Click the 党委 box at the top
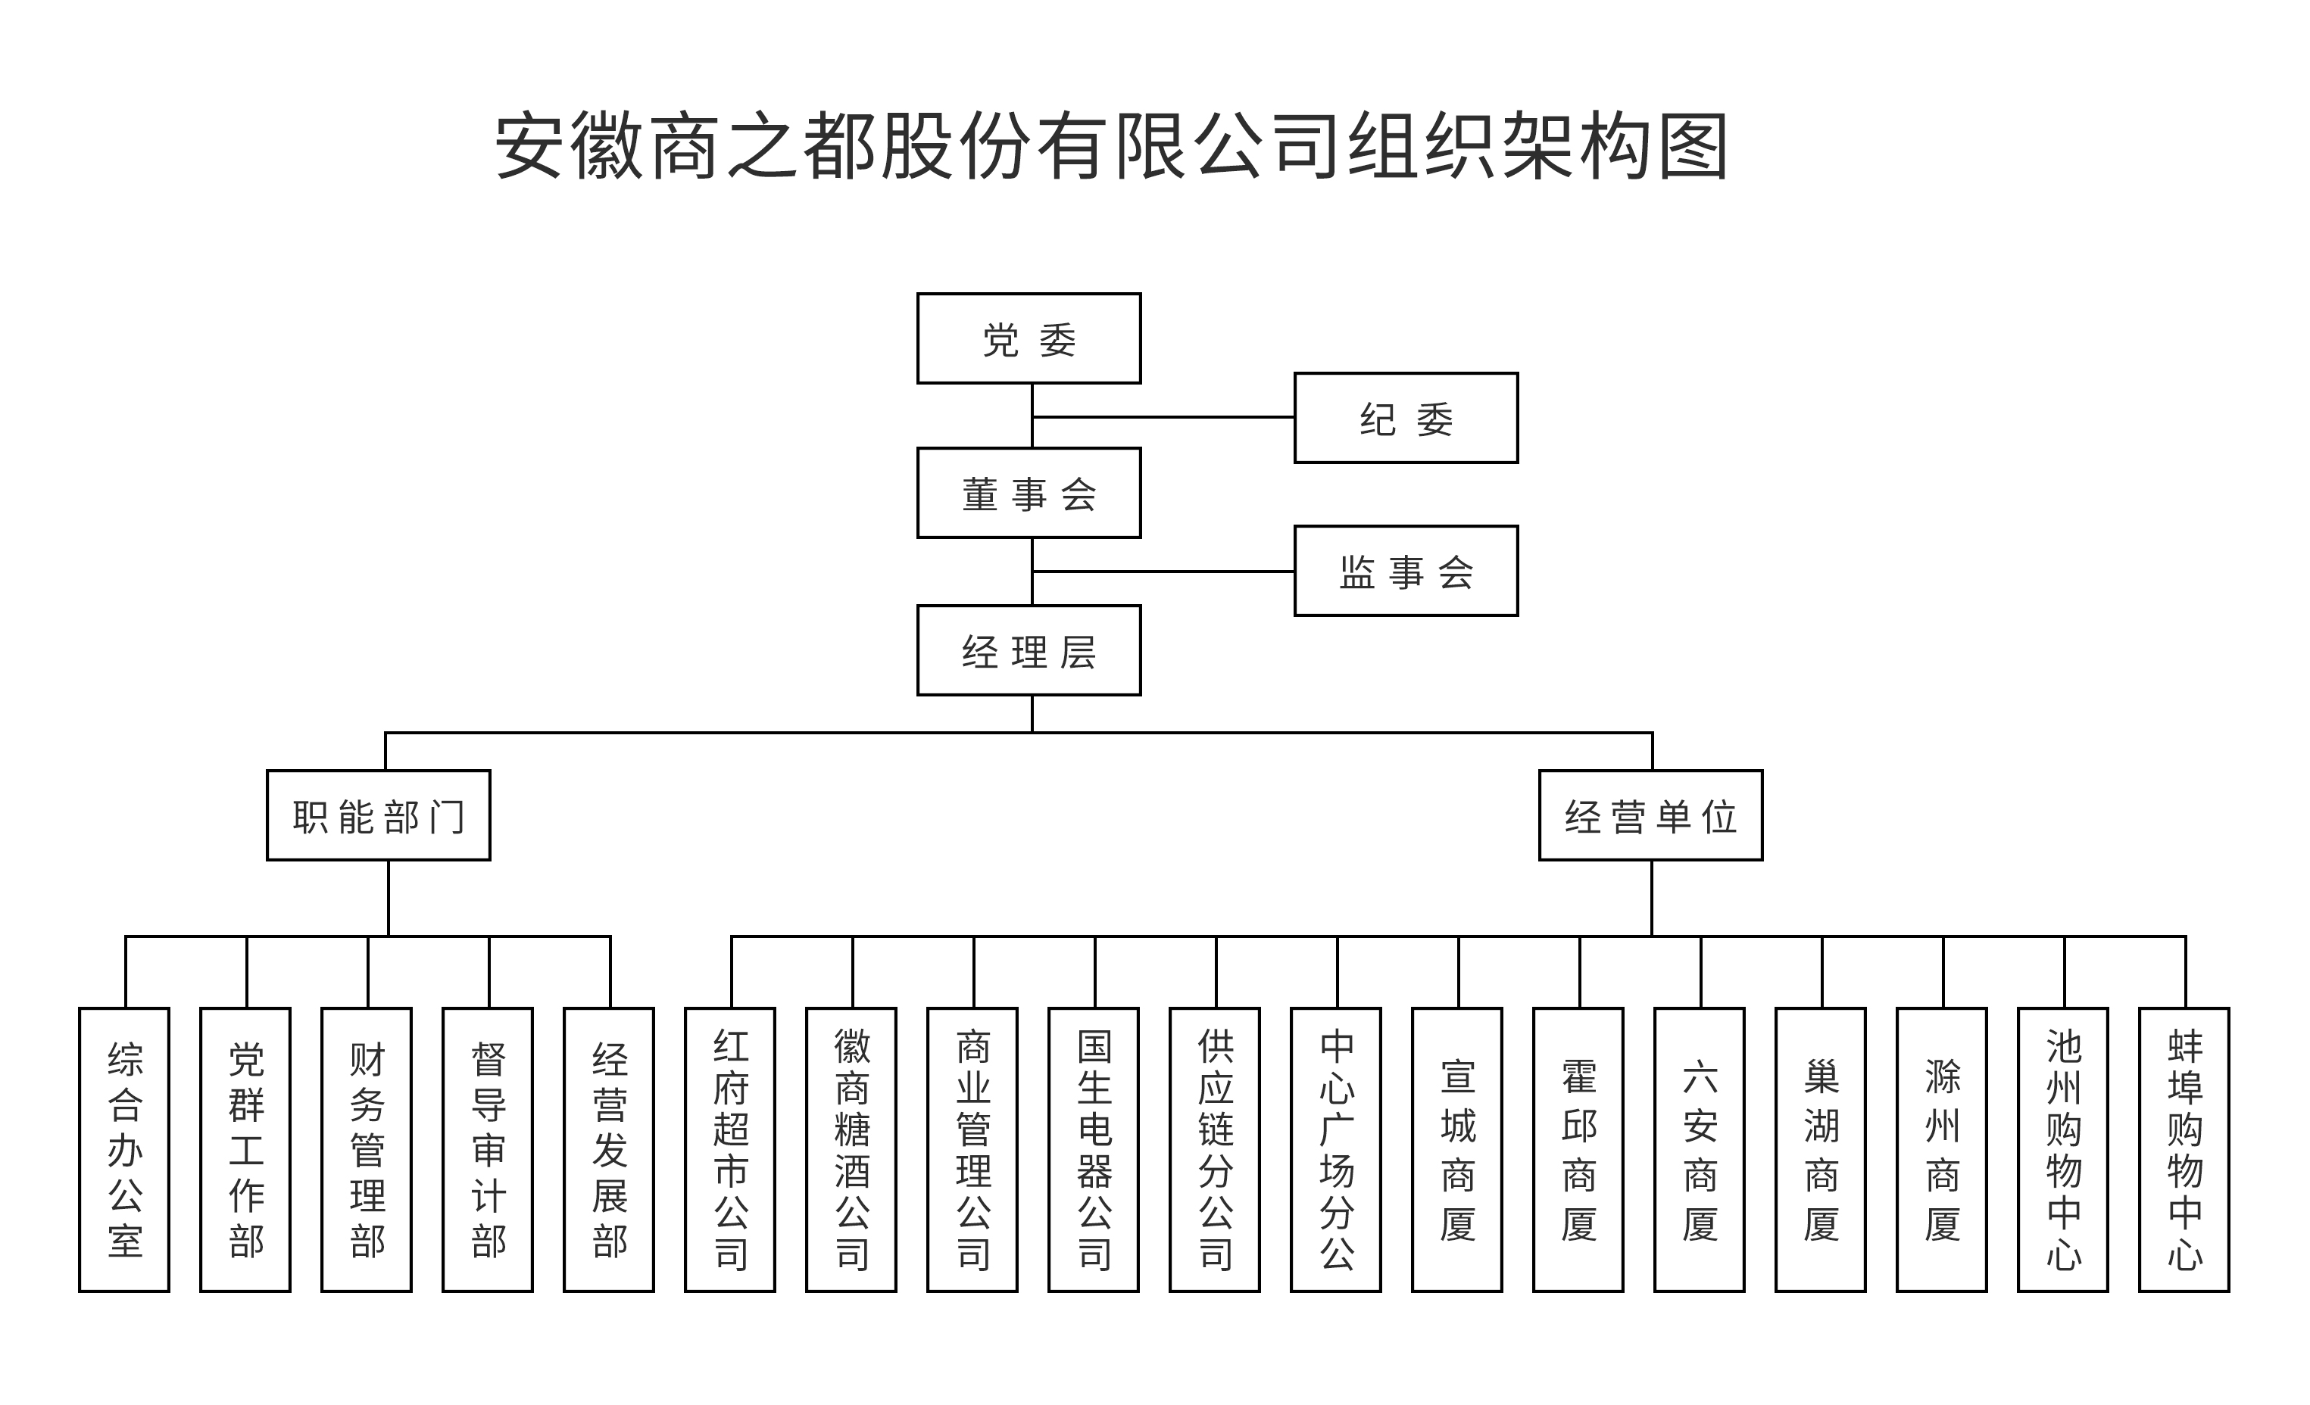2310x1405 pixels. (1029, 338)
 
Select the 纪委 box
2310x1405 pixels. (1405, 418)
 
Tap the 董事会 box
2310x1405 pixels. (1029, 493)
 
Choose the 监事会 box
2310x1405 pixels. (1405, 571)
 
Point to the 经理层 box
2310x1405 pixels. (1029, 650)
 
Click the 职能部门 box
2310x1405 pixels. (378, 815)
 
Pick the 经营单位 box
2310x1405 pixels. (1650, 815)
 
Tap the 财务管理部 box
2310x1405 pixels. (367, 1150)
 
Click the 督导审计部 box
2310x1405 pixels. (488, 1150)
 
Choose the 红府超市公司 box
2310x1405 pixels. (730, 1150)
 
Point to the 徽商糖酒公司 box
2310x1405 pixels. (851, 1150)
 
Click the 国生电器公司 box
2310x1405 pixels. (1094, 1150)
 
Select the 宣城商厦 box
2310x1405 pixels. (1457, 1150)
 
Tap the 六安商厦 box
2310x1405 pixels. (1700, 1150)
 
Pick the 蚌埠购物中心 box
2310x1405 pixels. (2184, 1150)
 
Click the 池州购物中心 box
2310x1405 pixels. (2063, 1150)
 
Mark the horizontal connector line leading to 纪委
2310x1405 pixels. (1163, 417)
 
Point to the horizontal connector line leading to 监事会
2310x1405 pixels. (1163, 571)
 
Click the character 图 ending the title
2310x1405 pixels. (1693, 146)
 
